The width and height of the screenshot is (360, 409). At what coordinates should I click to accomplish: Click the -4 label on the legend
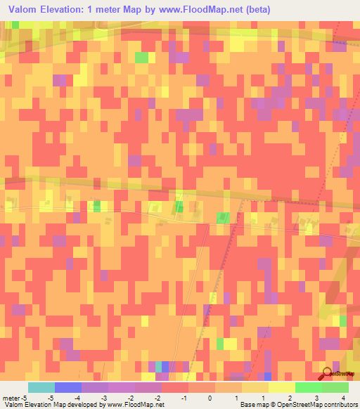click(x=68, y=397)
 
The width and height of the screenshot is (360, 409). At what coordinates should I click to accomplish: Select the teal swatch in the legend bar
click(x=41, y=387)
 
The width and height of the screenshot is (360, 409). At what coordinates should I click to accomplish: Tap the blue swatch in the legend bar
click(x=68, y=387)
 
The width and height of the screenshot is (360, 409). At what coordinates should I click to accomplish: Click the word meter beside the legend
click(x=12, y=397)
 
